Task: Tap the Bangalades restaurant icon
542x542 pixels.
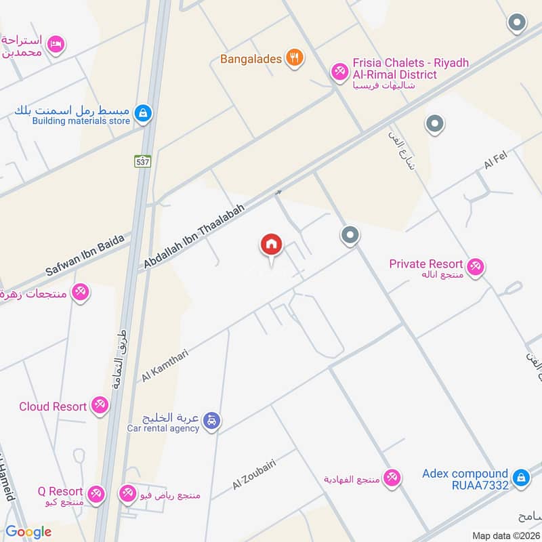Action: click(x=293, y=58)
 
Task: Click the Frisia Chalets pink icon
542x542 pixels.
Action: click(x=339, y=71)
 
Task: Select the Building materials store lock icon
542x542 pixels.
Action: click(x=142, y=112)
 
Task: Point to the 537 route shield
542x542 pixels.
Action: click(x=142, y=161)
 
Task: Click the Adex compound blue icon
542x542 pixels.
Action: click(x=521, y=479)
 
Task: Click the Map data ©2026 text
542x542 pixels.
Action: click(x=504, y=536)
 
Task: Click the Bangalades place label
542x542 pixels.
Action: click(x=251, y=59)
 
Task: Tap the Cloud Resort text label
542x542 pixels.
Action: click(x=53, y=406)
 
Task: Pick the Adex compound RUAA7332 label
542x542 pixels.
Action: click(x=465, y=479)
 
